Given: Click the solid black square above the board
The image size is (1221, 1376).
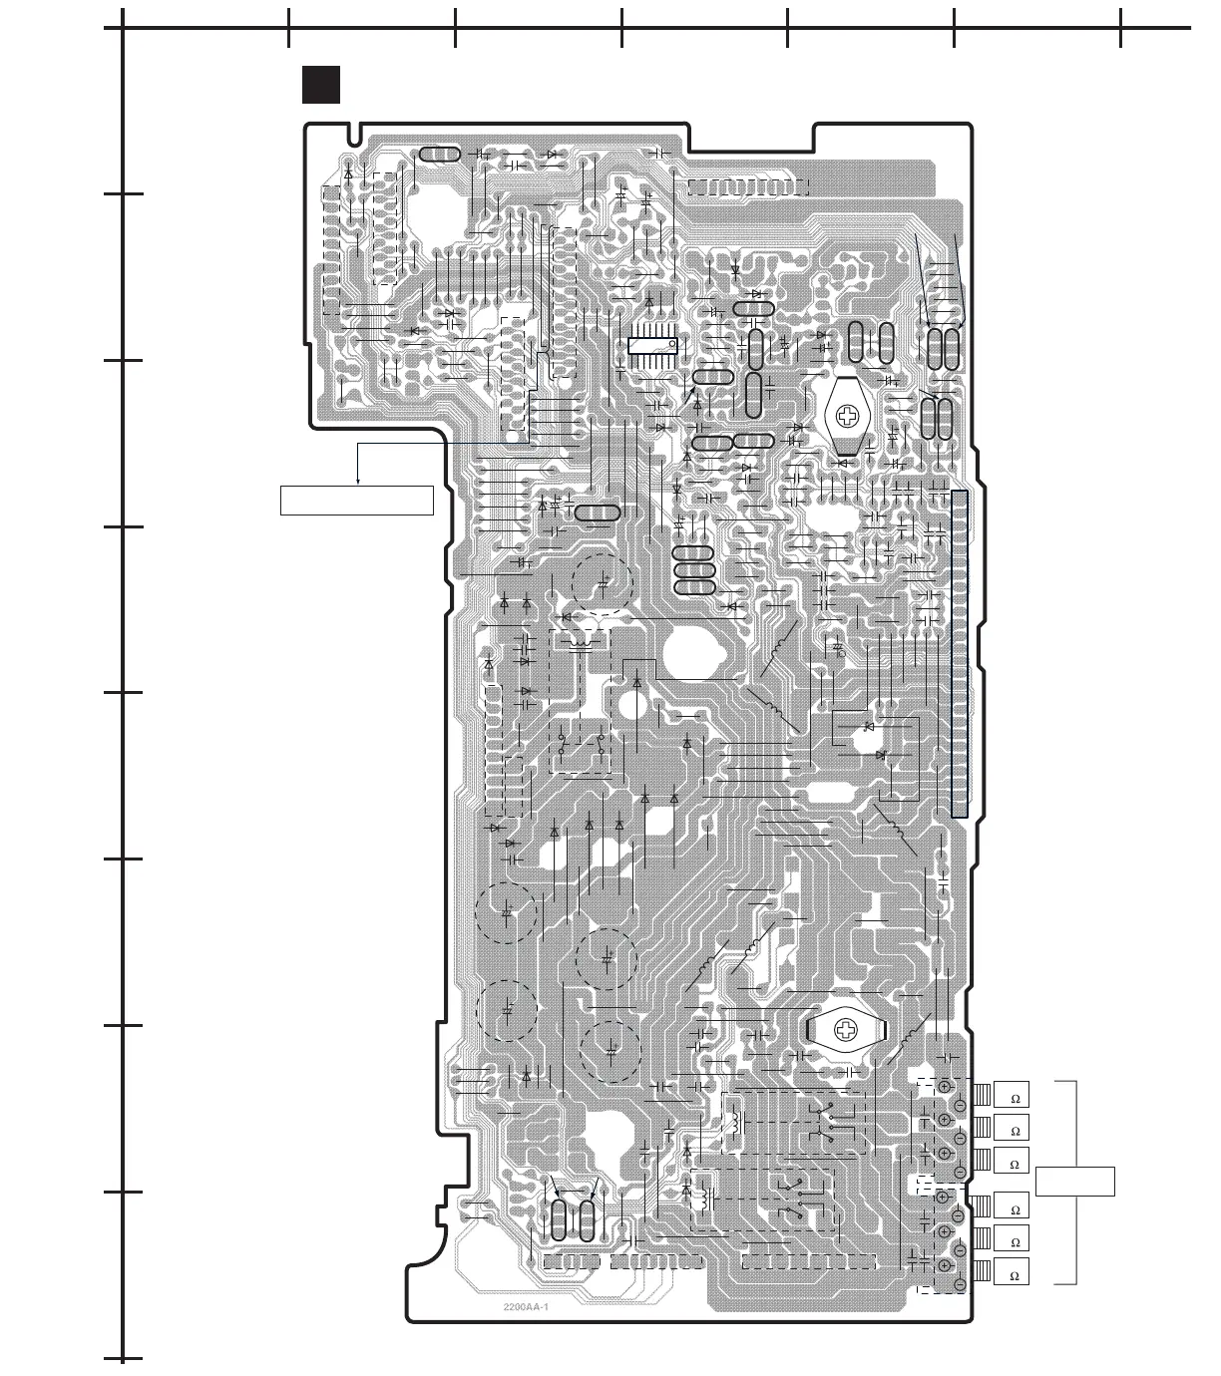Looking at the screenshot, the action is tap(321, 85).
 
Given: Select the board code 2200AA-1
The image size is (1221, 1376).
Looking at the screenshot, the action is tap(528, 1307).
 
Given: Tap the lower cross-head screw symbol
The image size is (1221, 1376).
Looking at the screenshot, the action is tap(846, 1029).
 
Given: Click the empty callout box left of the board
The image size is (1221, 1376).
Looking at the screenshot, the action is tap(357, 501).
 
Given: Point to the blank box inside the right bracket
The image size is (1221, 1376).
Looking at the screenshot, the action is tap(1074, 1182).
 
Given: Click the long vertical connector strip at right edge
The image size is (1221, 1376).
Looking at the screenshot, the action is tap(960, 653).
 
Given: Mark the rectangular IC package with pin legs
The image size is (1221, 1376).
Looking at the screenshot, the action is tap(653, 345).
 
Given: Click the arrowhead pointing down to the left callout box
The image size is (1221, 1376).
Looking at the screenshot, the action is tap(358, 482).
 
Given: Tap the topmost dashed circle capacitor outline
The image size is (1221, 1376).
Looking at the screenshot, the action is tap(603, 581).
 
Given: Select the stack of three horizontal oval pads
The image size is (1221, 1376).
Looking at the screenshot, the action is tap(693, 571).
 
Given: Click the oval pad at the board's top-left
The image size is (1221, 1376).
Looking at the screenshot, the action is tap(439, 155).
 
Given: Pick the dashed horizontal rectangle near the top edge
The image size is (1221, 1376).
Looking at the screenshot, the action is tap(747, 186).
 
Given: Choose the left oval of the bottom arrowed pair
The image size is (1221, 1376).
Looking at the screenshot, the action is tap(560, 1220).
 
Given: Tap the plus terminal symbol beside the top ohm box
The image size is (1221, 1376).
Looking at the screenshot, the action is tap(944, 1087).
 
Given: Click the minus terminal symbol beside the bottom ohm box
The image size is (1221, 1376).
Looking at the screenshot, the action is tap(959, 1283).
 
